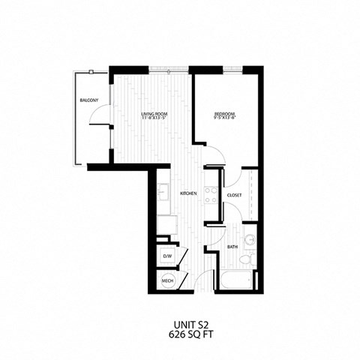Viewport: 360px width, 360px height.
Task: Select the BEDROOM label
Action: click(x=223, y=113)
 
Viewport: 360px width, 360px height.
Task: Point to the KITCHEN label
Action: click(x=188, y=193)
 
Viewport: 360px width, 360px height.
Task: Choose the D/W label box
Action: click(x=166, y=256)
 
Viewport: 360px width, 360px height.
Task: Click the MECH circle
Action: click(x=166, y=282)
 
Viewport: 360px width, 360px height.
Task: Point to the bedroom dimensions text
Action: click(x=223, y=118)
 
